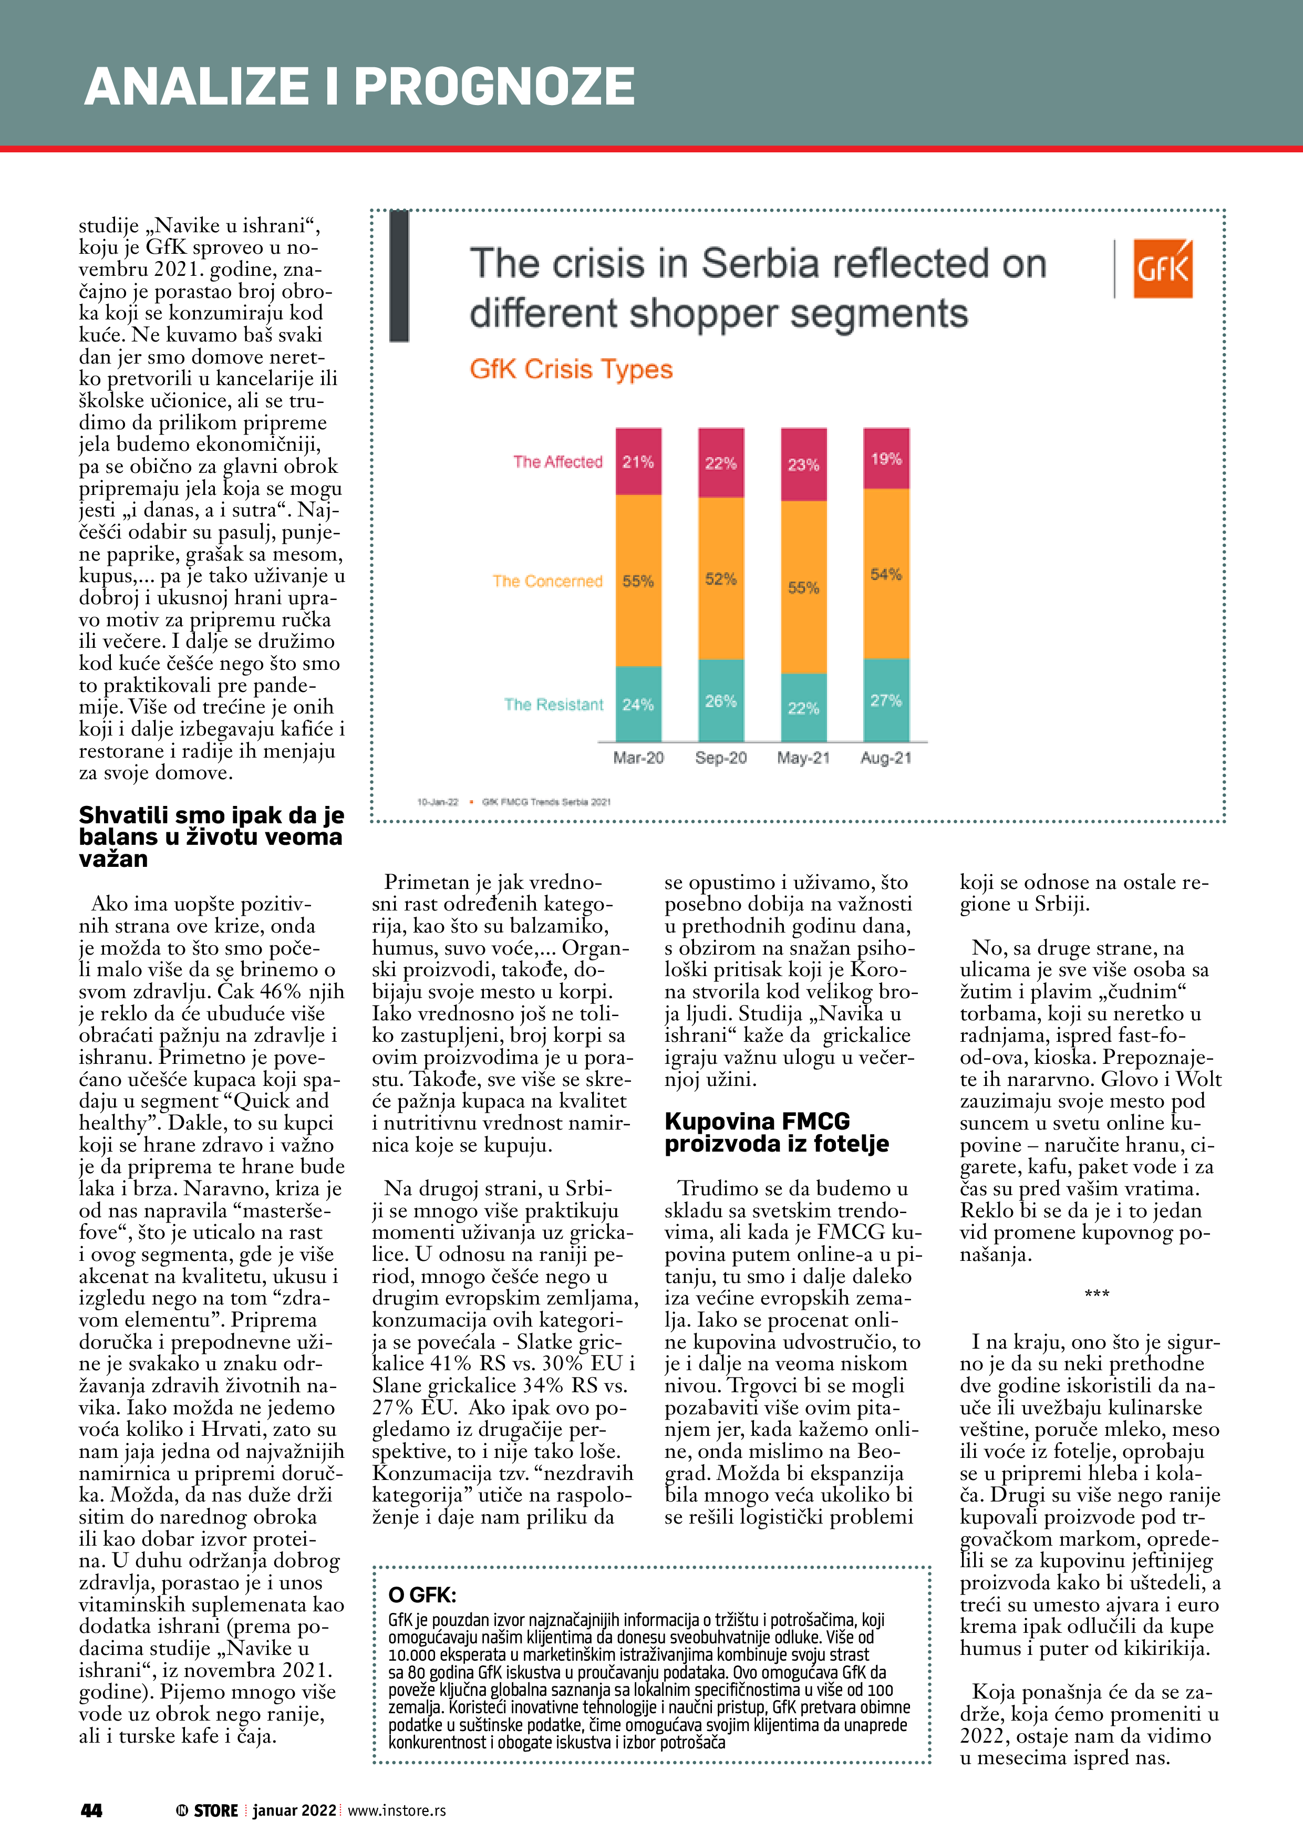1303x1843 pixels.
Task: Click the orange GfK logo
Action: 1163,269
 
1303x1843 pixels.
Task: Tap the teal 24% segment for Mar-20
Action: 638,704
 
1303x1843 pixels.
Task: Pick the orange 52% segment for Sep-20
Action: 721,578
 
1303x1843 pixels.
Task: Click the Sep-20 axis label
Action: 721,758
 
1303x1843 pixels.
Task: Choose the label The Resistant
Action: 553,704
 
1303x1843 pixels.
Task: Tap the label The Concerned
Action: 547,581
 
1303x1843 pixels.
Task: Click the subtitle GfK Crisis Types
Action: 571,369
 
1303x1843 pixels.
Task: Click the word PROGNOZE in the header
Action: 494,87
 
